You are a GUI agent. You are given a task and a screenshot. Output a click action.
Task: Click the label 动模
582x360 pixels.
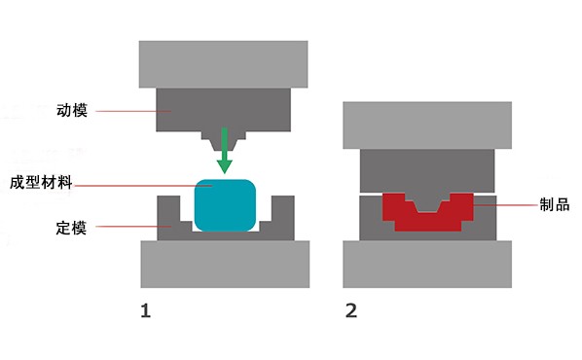click(72, 110)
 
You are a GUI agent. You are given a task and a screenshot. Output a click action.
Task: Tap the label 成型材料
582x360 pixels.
click(41, 183)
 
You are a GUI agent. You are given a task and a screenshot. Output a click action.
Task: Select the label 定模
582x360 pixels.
click(71, 228)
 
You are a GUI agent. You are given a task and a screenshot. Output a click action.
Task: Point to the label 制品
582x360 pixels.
click(554, 204)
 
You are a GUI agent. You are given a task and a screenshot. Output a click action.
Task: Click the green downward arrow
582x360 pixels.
click(224, 150)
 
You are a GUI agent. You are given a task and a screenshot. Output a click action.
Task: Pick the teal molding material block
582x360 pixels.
click(225, 205)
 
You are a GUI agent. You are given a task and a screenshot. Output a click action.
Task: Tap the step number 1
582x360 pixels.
click(146, 310)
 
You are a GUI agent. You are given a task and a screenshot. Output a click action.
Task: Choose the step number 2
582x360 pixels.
click(351, 310)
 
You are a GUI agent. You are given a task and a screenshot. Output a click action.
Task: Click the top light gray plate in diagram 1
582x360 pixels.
click(224, 64)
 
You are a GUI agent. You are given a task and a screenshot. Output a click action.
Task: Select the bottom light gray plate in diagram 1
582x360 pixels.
click(225, 264)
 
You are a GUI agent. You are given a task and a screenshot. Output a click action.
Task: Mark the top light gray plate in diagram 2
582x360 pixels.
click(427, 126)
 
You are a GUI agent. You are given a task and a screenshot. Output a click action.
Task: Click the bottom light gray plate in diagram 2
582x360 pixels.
click(427, 264)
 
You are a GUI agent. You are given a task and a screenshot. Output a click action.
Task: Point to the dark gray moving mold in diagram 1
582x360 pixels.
click(224, 110)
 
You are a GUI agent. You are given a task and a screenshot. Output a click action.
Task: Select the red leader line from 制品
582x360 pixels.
click(505, 205)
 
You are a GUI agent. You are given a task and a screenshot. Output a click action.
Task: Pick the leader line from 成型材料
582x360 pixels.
click(142, 186)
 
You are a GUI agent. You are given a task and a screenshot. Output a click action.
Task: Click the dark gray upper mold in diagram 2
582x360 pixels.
click(427, 170)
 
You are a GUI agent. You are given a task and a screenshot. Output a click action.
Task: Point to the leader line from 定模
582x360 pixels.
click(133, 227)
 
